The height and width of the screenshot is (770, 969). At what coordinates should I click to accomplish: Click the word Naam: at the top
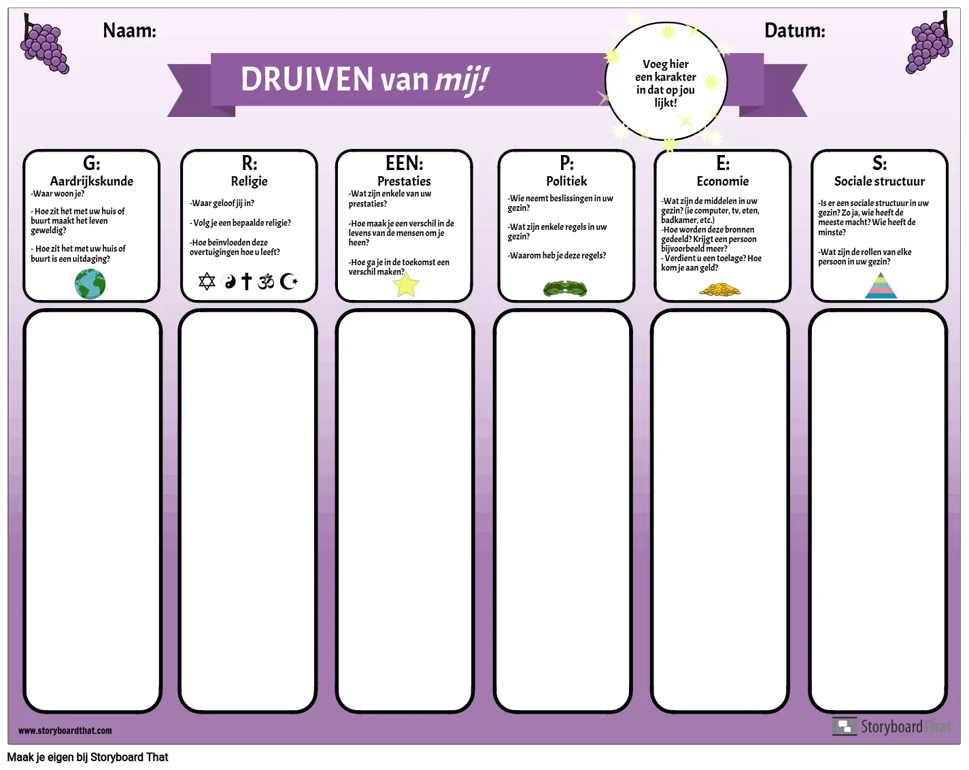[x=129, y=31]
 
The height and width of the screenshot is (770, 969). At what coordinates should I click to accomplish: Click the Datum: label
[x=795, y=31]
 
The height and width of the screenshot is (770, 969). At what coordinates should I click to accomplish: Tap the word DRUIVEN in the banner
[x=307, y=80]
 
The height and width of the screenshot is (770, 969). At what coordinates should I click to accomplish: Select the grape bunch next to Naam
[x=44, y=44]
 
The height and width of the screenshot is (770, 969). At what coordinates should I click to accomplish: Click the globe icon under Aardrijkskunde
[x=90, y=284]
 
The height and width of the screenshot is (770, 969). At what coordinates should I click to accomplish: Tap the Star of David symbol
[x=207, y=282]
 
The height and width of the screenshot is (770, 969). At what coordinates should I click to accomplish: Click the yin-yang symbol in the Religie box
[x=228, y=282]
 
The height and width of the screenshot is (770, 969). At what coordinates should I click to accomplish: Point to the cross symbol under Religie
[x=246, y=281]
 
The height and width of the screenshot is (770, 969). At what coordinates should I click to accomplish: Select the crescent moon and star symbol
[x=288, y=282]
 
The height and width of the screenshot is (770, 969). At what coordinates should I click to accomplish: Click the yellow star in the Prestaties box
[x=406, y=284]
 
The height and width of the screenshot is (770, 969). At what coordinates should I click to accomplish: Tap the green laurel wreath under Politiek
[x=565, y=288]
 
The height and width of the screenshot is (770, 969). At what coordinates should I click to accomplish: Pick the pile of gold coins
[x=719, y=290]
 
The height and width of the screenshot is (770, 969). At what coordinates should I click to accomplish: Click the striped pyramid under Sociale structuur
[x=881, y=286]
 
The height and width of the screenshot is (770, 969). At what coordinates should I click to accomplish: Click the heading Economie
[x=723, y=181]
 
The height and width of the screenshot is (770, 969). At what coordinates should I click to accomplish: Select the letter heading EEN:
[x=405, y=163]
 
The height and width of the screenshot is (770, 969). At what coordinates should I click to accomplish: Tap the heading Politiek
[x=566, y=181]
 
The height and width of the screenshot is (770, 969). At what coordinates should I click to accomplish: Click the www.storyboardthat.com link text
[x=65, y=731]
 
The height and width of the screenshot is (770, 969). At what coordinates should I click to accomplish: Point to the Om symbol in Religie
[x=266, y=282]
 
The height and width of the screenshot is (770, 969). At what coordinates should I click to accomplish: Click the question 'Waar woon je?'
[x=57, y=194]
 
